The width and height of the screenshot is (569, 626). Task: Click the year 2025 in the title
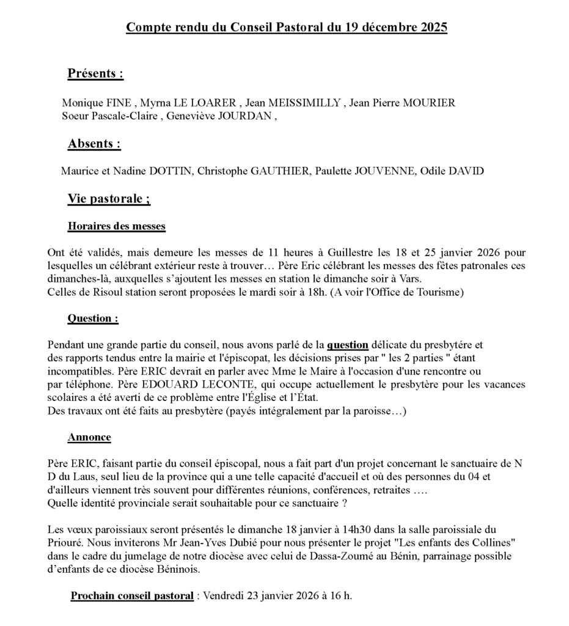pyautogui.click(x=435, y=28)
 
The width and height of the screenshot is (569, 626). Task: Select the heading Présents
pyautogui.click(x=95, y=74)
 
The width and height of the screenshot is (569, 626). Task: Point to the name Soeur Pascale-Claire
pyautogui.click(x=111, y=116)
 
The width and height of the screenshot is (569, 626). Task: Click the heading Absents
pyautogui.click(x=94, y=144)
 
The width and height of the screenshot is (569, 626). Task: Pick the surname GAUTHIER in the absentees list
pyautogui.click(x=279, y=171)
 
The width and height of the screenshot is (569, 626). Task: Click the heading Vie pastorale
pyautogui.click(x=109, y=199)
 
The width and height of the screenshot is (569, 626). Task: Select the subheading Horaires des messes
pyautogui.click(x=116, y=226)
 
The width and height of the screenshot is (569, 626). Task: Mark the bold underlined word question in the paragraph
pyautogui.click(x=347, y=345)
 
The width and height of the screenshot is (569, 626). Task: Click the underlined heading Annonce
pyautogui.click(x=89, y=437)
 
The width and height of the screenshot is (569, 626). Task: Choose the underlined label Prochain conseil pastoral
pyautogui.click(x=132, y=595)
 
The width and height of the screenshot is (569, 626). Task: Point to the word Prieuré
pyautogui.click(x=65, y=542)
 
